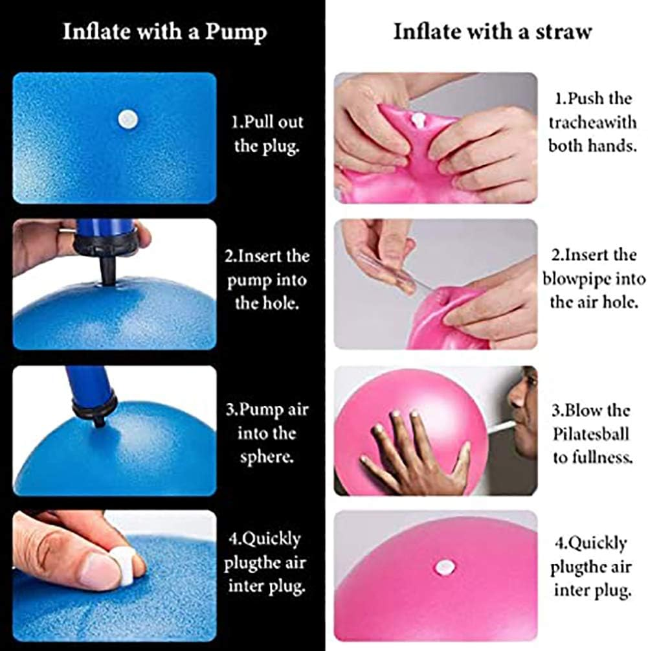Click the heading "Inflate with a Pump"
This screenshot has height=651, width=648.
(164, 32)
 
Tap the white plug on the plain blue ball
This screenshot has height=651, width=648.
(128, 119)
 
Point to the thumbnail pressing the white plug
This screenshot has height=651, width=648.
(100, 570)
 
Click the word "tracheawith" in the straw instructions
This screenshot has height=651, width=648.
(592, 122)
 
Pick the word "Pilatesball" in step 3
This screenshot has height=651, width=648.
(592, 434)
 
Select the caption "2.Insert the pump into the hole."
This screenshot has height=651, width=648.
(267, 279)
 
